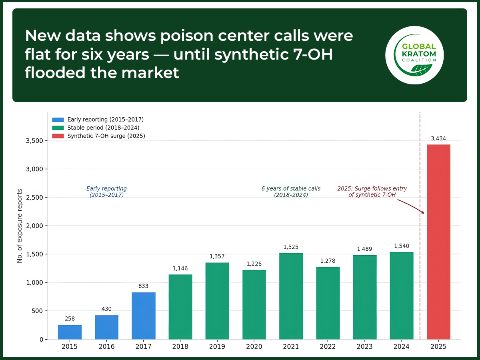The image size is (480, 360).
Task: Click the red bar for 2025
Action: [438, 242]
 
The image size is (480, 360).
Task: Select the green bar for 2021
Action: [291, 296]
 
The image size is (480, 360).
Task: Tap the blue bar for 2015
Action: [70, 332]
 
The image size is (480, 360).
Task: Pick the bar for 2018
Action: [180, 307]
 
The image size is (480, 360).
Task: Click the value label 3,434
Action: [438, 138]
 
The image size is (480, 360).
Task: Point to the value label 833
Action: [143, 286]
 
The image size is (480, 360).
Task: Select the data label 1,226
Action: [254, 264]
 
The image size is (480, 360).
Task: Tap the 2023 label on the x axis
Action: [365, 347]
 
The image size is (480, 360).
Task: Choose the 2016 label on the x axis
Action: [106, 347]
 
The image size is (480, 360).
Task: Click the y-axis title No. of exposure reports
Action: [20, 226]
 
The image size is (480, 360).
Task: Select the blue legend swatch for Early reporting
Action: [58, 120]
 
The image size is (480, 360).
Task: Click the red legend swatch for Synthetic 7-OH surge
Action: [58, 136]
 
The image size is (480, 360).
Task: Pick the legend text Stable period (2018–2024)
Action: [103, 128]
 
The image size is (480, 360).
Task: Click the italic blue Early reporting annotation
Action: [106, 192]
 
